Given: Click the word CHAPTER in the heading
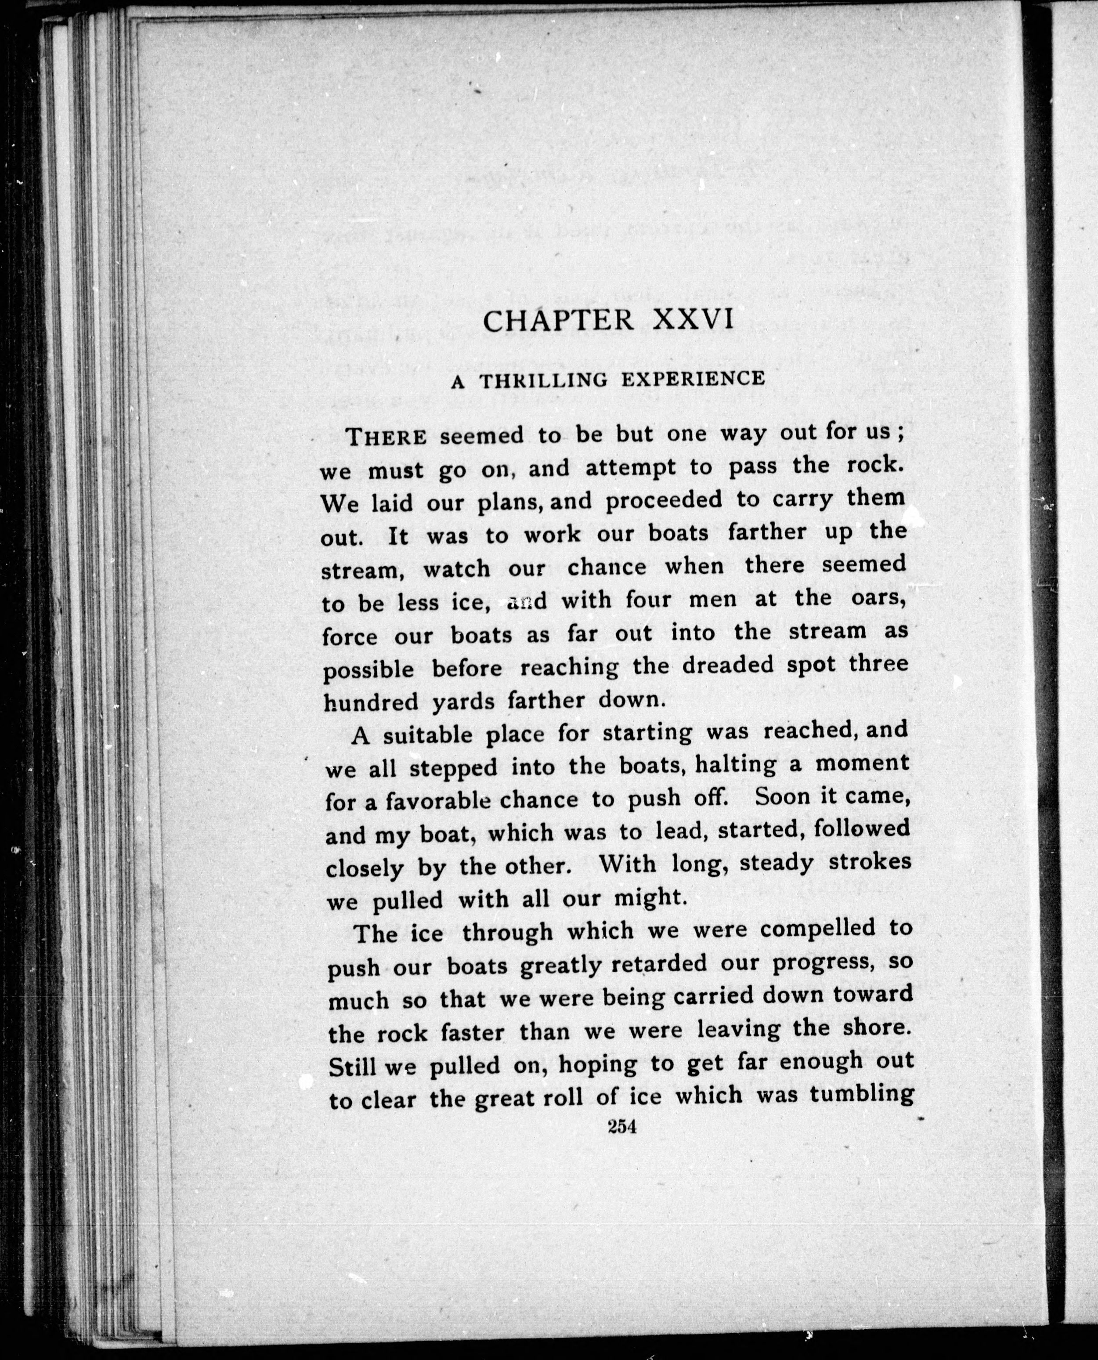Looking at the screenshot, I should point(558,321).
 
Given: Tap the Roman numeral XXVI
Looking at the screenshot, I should point(693,319).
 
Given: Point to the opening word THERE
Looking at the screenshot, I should point(388,437).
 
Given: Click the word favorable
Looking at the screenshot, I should point(438,803).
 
